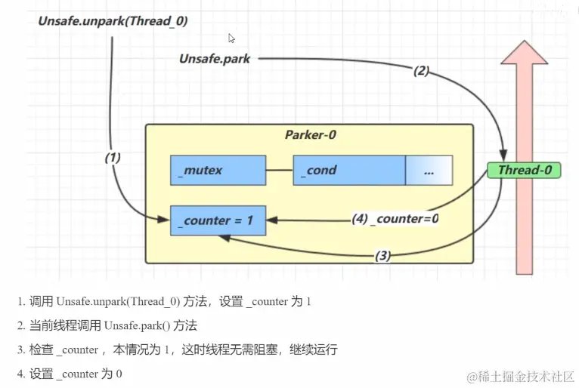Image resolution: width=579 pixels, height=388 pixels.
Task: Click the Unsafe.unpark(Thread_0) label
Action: tap(113, 21)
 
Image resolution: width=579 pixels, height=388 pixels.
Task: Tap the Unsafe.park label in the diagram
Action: tap(215, 58)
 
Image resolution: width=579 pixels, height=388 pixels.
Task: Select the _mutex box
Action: tap(218, 170)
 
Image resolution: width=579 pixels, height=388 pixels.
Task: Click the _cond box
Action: tap(348, 170)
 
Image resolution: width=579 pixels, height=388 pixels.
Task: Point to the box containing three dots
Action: tap(429, 170)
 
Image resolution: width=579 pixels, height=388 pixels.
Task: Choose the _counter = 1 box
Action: tap(218, 220)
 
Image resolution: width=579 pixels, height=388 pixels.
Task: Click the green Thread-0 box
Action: tap(524, 170)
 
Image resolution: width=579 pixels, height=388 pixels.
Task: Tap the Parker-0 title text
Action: tap(310, 135)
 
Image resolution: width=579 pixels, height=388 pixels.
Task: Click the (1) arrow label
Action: tap(113, 158)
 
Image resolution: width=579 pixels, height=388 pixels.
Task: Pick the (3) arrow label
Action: tap(382, 255)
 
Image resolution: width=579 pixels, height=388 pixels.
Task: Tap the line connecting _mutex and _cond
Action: tap(279, 170)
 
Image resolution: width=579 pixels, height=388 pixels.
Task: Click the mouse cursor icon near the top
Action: tap(232, 38)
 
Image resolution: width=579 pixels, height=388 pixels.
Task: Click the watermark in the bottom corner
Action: tap(521, 375)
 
